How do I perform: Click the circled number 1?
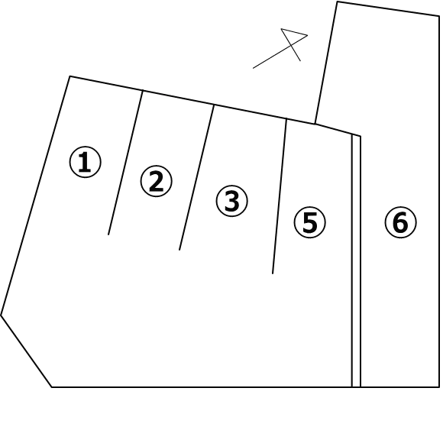(x=85, y=162)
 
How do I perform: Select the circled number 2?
(x=157, y=181)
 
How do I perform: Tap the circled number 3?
(x=232, y=201)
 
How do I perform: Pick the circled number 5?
(x=310, y=222)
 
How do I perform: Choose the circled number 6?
(x=401, y=222)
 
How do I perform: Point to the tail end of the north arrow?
(x=253, y=68)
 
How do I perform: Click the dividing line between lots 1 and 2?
(x=125, y=163)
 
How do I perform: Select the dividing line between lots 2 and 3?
(x=196, y=177)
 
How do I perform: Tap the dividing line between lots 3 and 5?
(x=280, y=196)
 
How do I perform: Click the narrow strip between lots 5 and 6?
(x=356, y=261)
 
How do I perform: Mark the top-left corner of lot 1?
(x=70, y=76)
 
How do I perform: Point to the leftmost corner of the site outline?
(x=1, y=315)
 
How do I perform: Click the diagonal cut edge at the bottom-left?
(x=26, y=351)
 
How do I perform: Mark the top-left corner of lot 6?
(x=337, y=2)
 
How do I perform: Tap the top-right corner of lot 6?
(x=439, y=16)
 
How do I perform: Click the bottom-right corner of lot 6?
(x=439, y=386)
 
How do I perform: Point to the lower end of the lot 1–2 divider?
(x=108, y=234)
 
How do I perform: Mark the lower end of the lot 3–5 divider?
(x=273, y=273)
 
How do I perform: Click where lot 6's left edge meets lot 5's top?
(x=315, y=124)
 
